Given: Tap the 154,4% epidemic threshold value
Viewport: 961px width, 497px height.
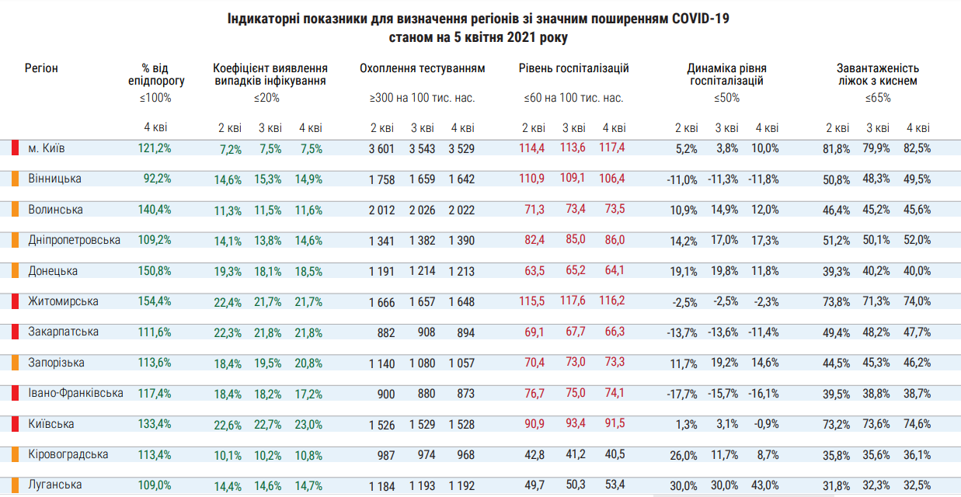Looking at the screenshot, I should [x=155, y=301].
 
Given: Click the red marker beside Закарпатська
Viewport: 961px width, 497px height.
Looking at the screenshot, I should [x=16, y=332].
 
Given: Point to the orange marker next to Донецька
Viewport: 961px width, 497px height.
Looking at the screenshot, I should [x=16, y=271].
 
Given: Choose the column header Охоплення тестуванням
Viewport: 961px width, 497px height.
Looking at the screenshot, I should [x=422, y=68].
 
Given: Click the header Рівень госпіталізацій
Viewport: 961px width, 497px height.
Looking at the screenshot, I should [x=573, y=68].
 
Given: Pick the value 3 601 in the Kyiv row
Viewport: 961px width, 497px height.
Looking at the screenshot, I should [x=381, y=149].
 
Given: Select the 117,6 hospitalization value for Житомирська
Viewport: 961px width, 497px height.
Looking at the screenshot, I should [x=573, y=301].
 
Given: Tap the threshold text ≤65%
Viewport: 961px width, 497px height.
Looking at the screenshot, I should [x=878, y=99].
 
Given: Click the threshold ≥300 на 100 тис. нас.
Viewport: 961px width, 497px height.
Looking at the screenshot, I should [x=422, y=99].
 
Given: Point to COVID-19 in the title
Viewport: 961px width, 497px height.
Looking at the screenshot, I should [x=698, y=17].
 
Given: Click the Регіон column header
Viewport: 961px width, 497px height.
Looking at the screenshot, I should [x=41, y=68].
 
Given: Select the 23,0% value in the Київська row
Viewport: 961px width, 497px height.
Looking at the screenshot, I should [x=309, y=425].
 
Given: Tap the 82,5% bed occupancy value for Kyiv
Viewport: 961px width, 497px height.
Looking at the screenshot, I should [x=917, y=149].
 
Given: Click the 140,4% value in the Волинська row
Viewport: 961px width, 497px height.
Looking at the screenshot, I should [x=155, y=210].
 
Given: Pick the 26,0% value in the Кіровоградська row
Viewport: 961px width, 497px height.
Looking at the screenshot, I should [x=683, y=455].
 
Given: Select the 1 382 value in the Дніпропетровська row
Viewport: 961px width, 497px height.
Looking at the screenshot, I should [x=422, y=241].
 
